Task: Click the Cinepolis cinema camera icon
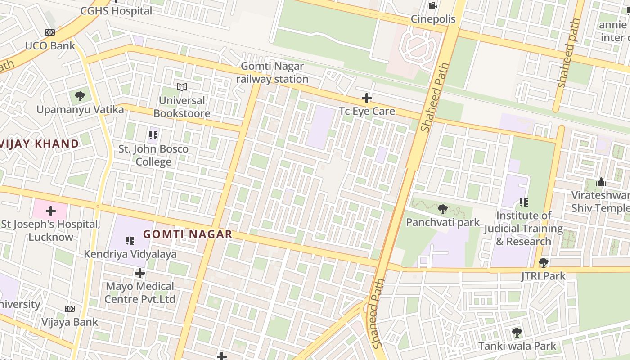pos(432,5)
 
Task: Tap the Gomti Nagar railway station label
pos(272,72)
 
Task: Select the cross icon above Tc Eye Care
pos(367,98)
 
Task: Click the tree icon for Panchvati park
pos(443,209)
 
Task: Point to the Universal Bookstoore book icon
pos(182,87)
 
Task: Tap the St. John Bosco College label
pos(153,155)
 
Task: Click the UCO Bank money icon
pos(50,32)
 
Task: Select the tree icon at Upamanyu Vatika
pos(80,96)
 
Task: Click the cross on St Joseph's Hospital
pos(50,211)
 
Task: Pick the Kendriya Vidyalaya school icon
pos(130,241)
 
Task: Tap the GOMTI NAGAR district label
pos(188,234)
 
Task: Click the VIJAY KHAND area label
pos(40,144)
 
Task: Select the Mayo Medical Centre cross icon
pos(140,273)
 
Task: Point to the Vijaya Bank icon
pos(69,309)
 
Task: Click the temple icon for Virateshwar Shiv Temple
pos(601,182)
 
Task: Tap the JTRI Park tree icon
pos(544,262)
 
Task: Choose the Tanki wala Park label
pos(517,346)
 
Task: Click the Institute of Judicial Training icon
pos(523,202)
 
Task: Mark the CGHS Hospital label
pos(116,11)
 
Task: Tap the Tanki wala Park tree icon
pos(517,333)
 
